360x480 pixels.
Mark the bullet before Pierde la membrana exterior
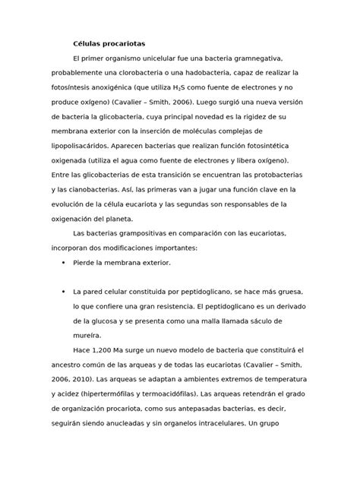(x=61, y=262)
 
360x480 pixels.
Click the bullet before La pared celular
(x=61, y=291)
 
